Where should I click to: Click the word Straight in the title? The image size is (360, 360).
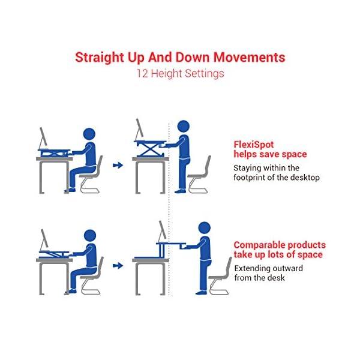[x=100, y=58]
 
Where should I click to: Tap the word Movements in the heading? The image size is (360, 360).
[x=250, y=57]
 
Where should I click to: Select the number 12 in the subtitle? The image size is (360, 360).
[x=142, y=74]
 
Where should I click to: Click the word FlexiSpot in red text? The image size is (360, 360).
[x=253, y=145]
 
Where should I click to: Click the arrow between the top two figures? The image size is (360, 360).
[x=118, y=165]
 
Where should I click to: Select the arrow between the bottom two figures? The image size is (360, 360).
[x=118, y=266]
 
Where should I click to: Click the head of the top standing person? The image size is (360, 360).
[x=184, y=126]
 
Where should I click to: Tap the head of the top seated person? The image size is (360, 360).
[x=89, y=134]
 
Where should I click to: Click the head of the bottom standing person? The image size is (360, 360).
[x=204, y=228]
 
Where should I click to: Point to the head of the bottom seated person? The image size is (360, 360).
[x=90, y=236]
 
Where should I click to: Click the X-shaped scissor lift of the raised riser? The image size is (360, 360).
[x=151, y=150]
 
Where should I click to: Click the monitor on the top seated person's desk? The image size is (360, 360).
[x=44, y=138]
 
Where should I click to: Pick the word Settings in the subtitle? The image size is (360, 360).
[x=205, y=74]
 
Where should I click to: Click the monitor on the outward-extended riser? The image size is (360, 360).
[x=162, y=230]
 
